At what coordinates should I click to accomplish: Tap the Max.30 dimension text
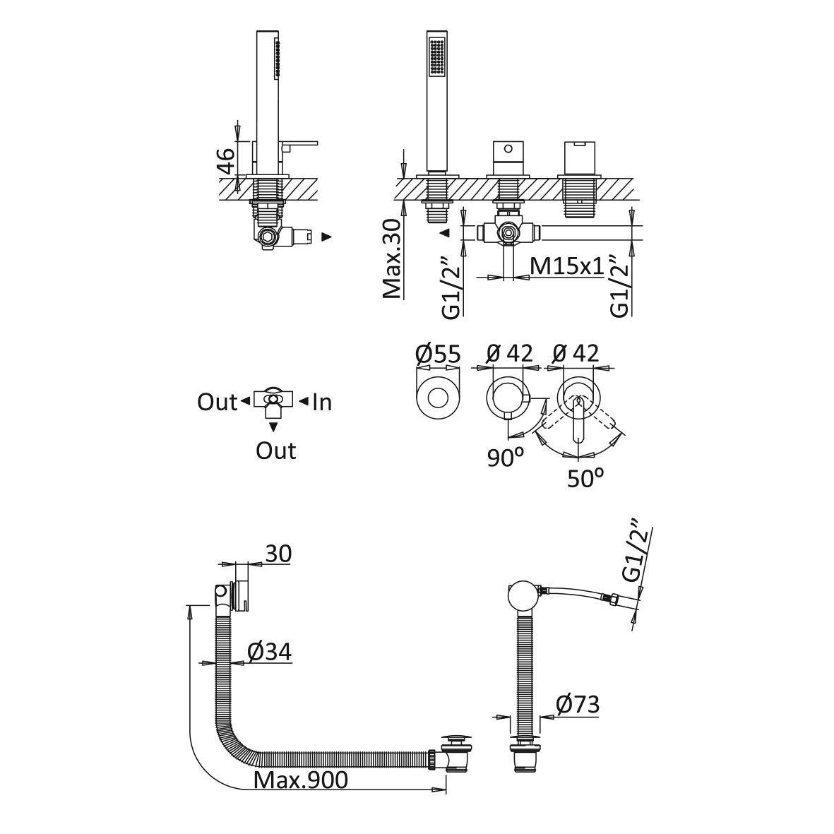pos(393,258)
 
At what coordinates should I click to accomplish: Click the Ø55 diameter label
pos(438,353)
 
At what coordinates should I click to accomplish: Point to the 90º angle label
pos(506,458)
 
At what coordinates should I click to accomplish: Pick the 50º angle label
pos(586,478)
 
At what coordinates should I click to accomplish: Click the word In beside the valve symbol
pos(322,403)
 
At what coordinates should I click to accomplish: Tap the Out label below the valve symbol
pos(275,451)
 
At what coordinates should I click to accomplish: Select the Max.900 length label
pos(301,780)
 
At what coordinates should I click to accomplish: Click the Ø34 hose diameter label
pos(269,652)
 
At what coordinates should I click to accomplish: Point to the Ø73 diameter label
pos(577,704)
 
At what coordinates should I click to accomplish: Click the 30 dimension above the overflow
pos(278,554)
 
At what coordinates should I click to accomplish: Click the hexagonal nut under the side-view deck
pos(268,237)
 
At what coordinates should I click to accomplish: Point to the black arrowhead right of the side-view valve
pos(326,237)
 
